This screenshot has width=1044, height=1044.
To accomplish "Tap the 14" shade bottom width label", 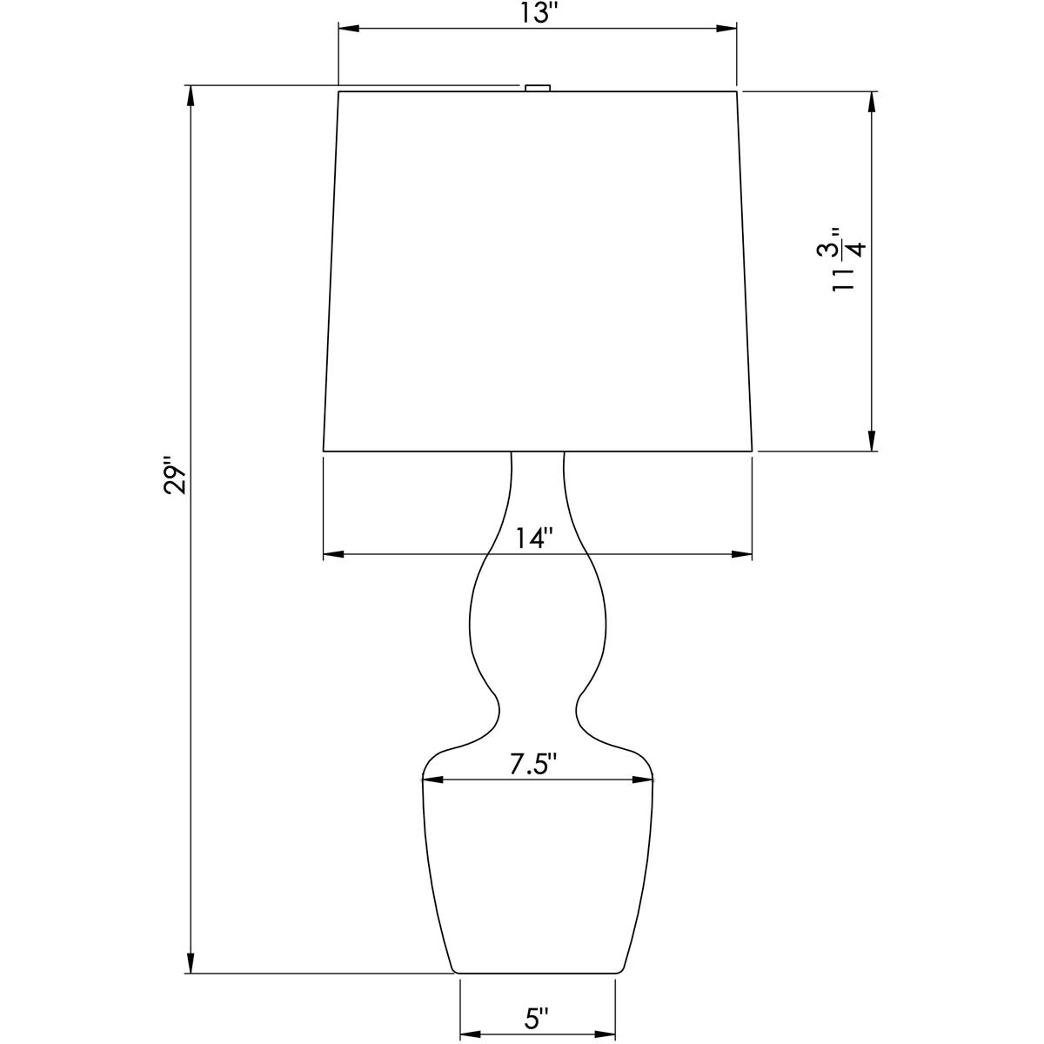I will click(x=532, y=539).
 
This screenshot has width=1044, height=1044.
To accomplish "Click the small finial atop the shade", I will click(x=538, y=87).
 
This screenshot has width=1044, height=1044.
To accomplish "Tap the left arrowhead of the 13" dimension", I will click(x=347, y=30).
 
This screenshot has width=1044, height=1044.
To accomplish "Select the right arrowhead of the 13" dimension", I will click(x=728, y=30).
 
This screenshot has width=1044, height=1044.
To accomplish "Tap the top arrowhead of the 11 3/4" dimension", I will click(x=870, y=101).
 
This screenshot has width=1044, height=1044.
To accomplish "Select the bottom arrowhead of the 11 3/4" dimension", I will click(x=870, y=440).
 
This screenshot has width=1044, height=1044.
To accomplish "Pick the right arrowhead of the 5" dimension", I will click(x=606, y=1035).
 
